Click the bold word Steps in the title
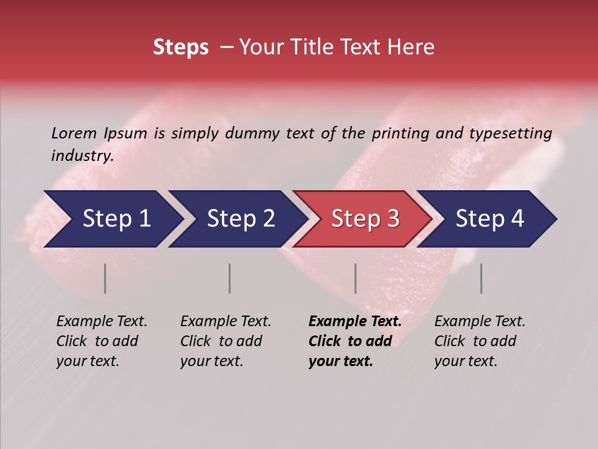(181, 47)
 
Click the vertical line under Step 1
(105, 278)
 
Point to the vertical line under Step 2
(230, 278)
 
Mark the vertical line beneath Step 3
(356, 278)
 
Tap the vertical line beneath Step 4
(482, 278)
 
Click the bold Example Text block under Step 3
(355, 341)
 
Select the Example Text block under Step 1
(102, 341)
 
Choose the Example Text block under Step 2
(225, 341)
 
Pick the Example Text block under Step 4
(480, 341)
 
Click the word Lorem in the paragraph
(74, 133)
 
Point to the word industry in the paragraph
(82, 156)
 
